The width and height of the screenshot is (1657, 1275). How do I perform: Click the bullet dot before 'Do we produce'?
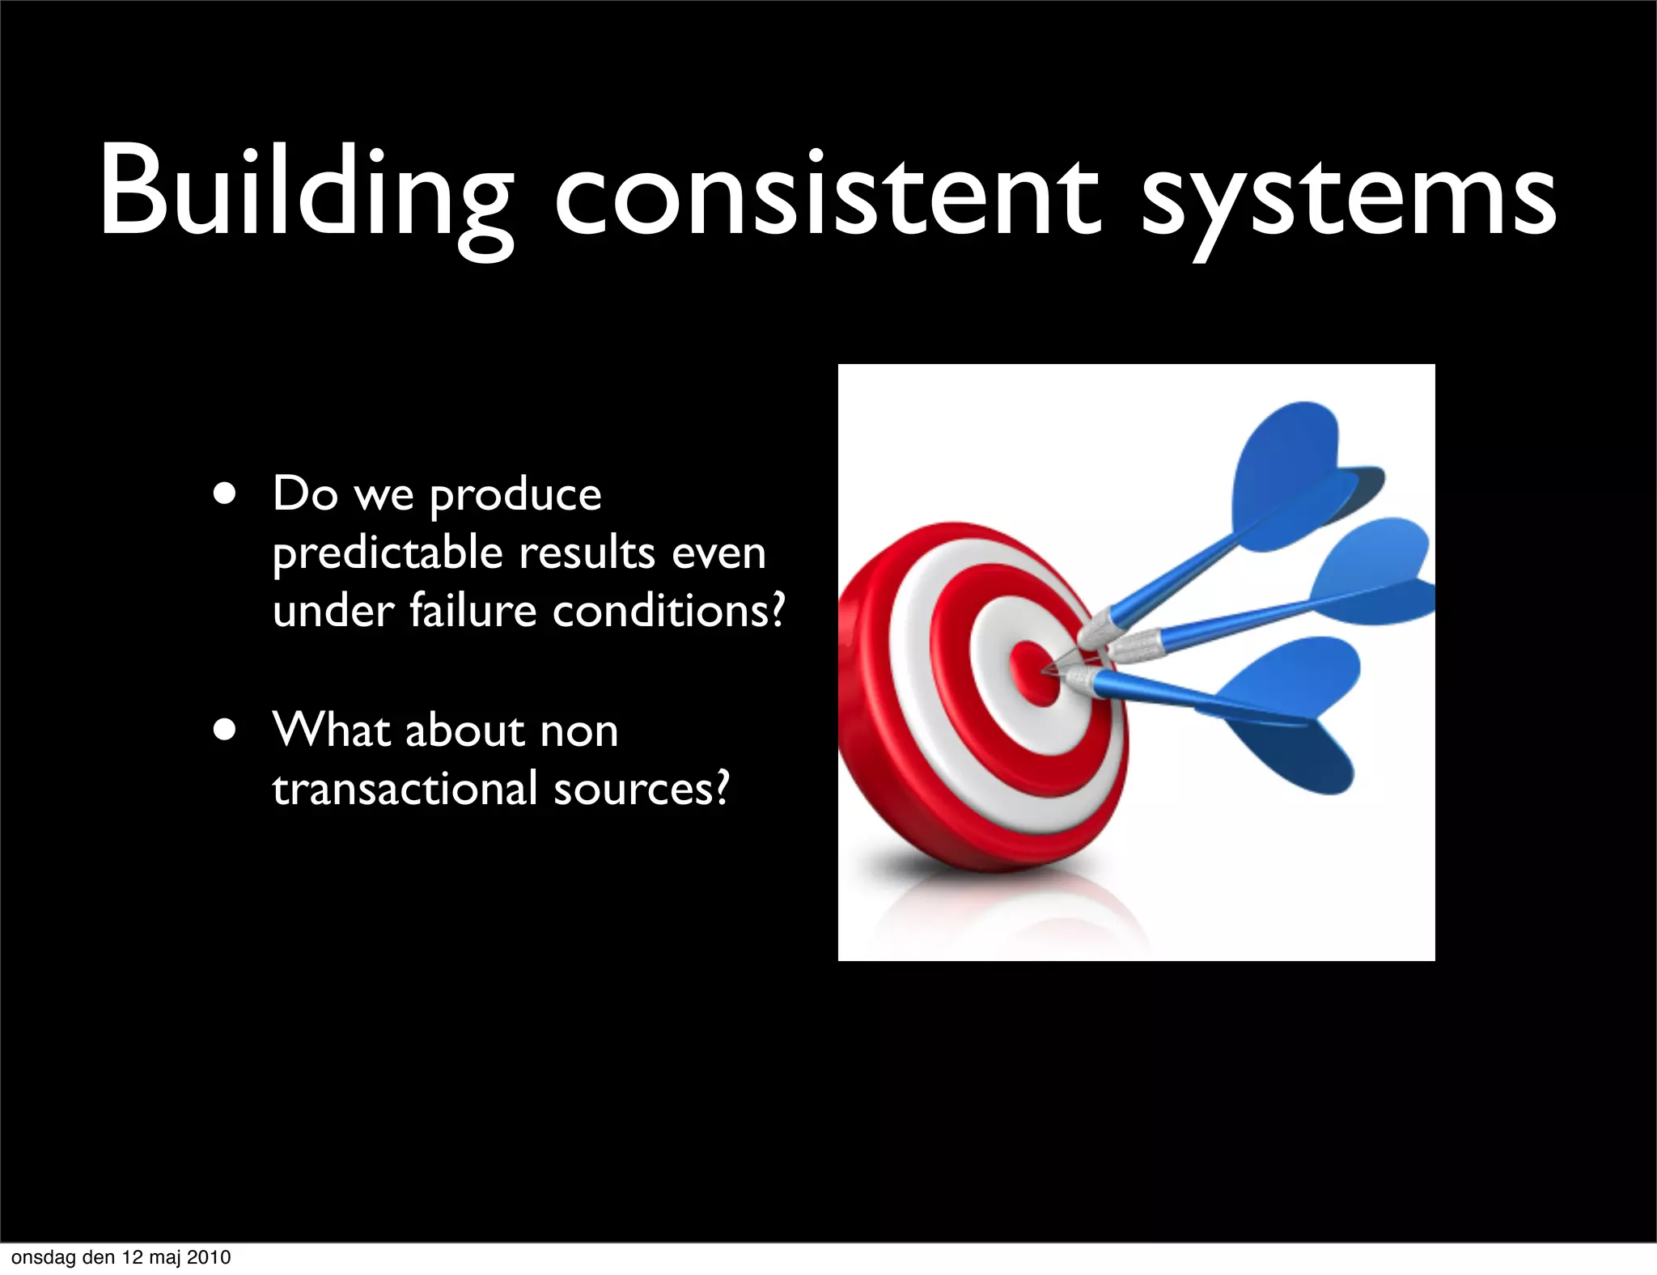point(226,494)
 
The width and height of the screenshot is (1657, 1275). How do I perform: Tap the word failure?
point(473,611)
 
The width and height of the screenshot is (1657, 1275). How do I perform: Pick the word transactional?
point(405,789)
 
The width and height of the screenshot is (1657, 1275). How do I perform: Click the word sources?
point(641,789)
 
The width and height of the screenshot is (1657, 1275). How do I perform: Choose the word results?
point(587,553)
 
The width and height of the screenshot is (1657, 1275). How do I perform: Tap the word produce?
point(515,495)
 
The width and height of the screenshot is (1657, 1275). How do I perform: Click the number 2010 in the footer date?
point(209,1257)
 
